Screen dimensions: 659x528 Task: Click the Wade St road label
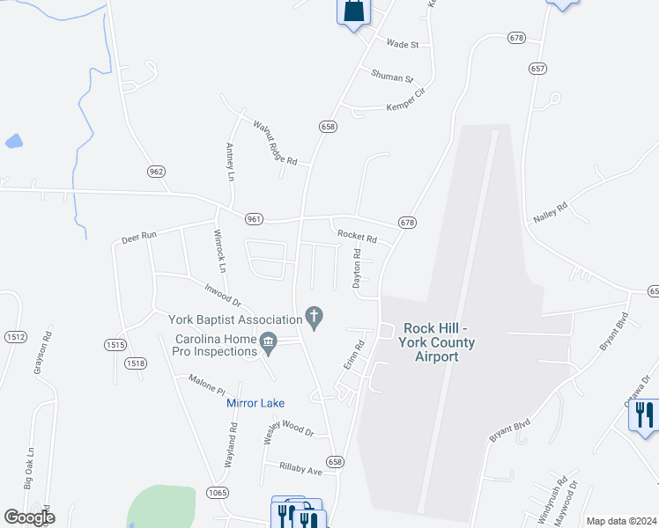coord(401,42)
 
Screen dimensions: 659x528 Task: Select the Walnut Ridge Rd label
coord(276,143)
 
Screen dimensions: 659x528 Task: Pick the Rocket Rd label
coord(357,238)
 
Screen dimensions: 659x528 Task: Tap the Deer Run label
coord(138,237)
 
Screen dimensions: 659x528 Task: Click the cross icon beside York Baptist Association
coord(313,315)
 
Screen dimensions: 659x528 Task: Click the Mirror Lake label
coord(255,403)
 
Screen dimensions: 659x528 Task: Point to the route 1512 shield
coord(16,337)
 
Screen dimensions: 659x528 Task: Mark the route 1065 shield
coord(218,491)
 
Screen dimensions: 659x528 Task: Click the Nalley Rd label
coord(550,211)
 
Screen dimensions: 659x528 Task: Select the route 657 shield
coord(538,68)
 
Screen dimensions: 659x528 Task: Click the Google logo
coord(29,517)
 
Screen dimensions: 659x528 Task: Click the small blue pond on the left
coord(13,140)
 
